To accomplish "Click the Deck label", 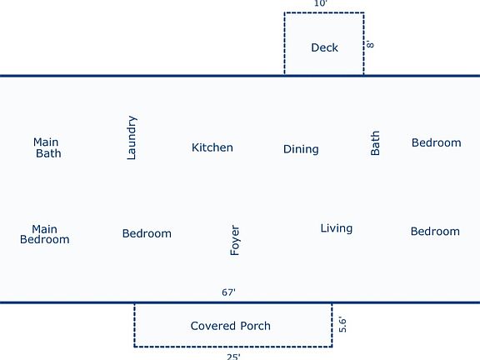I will coord(324,47).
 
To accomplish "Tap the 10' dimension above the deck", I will coord(320,4).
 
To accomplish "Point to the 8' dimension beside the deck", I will coord(370,43).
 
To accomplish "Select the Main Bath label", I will coord(47,147).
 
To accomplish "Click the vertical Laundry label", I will coord(132,137).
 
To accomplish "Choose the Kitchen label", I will coord(212,147).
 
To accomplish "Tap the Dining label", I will coord(301,149).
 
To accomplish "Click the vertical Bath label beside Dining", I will coord(375,142).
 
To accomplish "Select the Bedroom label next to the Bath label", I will coord(436,142).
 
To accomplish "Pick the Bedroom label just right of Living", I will coord(435,231).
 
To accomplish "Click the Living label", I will coord(336,228).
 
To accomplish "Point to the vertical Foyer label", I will coord(235,240).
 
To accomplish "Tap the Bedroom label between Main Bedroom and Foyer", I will coord(147,233).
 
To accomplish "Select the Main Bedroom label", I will coord(45,234).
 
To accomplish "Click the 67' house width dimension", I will coord(228,292).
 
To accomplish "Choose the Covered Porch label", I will coord(230,326).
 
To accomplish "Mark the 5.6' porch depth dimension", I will coord(342,324).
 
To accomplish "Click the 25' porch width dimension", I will coord(233,356).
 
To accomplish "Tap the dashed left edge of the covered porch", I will coord(135,325).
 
